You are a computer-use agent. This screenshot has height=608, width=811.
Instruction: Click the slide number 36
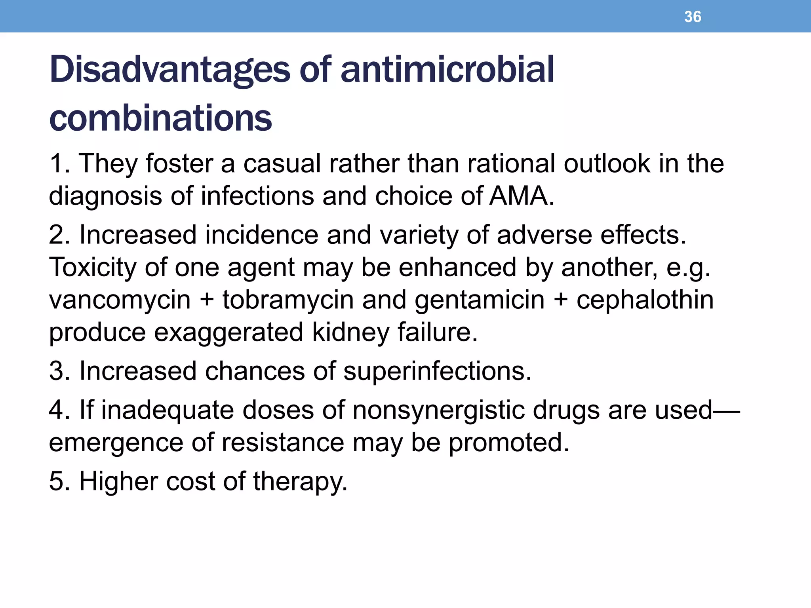click(693, 17)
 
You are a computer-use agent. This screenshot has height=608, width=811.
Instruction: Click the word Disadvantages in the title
click(169, 70)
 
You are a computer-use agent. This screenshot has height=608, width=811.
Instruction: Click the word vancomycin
click(120, 300)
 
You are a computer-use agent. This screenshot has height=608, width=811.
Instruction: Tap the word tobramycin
click(288, 300)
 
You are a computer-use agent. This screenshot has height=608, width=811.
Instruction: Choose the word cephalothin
click(645, 300)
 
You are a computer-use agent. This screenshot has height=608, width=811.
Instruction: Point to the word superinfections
click(437, 371)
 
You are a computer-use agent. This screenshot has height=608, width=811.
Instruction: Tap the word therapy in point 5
click(300, 481)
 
